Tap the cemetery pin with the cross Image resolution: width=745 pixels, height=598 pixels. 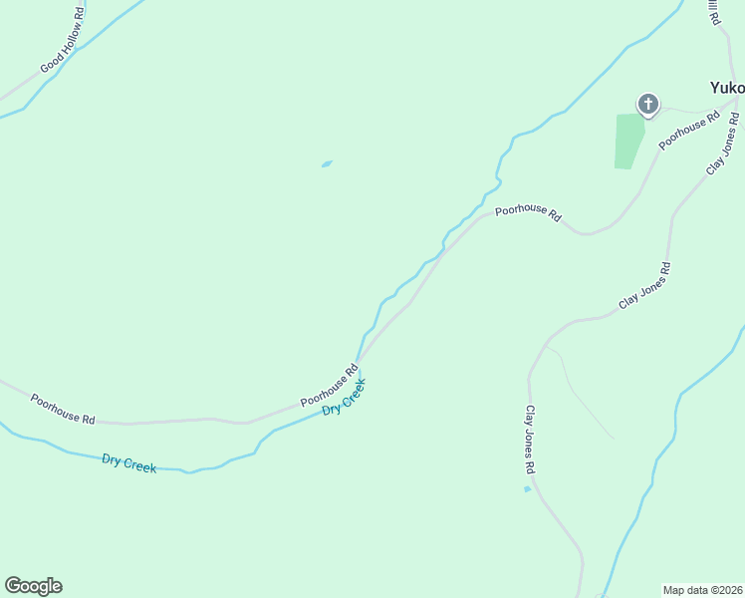click(x=648, y=104)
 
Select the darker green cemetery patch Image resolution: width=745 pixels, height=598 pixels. click(x=628, y=141)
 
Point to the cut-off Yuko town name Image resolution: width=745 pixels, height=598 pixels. click(x=726, y=88)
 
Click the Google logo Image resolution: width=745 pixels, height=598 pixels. click(x=33, y=586)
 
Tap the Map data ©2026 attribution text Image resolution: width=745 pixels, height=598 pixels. click(x=702, y=590)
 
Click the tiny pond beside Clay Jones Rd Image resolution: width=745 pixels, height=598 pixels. click(x=527, y=489)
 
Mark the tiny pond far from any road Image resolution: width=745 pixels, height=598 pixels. click(x=327, y=164)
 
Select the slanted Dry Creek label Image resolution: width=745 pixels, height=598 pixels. click(x=345, y=396)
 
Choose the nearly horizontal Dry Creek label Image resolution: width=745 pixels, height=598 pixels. click(x=128, y=462)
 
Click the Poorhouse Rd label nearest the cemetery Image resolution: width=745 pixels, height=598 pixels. click(x=689, y=131)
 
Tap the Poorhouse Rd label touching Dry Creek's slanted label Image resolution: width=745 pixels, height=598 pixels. click(x=330, y=389)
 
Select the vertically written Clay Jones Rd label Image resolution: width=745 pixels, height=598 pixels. click(x=531, y=440)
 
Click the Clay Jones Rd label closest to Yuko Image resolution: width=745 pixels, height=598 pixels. click(x=723, y=149)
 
